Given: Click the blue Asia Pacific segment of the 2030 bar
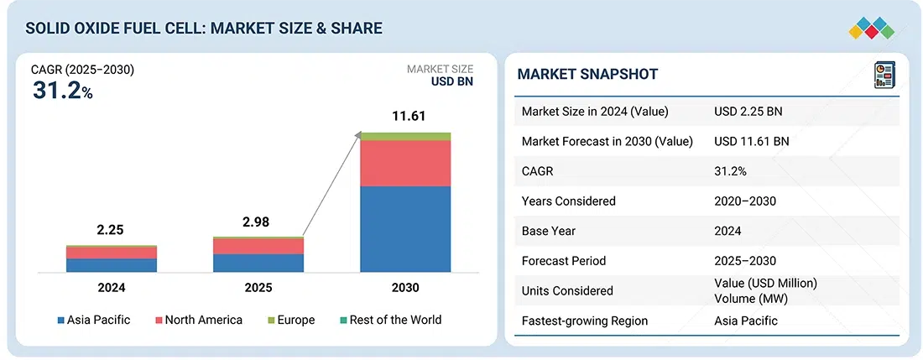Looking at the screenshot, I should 405,229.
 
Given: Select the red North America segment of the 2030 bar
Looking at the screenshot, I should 405,163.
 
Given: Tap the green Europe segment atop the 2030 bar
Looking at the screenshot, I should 405,136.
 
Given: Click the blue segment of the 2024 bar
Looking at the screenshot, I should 112,265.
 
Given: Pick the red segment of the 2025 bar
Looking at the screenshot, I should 258,247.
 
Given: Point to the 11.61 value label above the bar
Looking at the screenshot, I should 405,117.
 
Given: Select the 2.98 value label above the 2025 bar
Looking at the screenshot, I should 258,222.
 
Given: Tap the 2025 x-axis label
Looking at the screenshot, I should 258,288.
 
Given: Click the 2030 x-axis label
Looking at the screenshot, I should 405,288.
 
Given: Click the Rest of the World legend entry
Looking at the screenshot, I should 390,320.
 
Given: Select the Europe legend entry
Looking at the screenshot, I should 291,320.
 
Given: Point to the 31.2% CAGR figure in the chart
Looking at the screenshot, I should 62,91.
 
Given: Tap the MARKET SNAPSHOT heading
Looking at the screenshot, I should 587,75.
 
